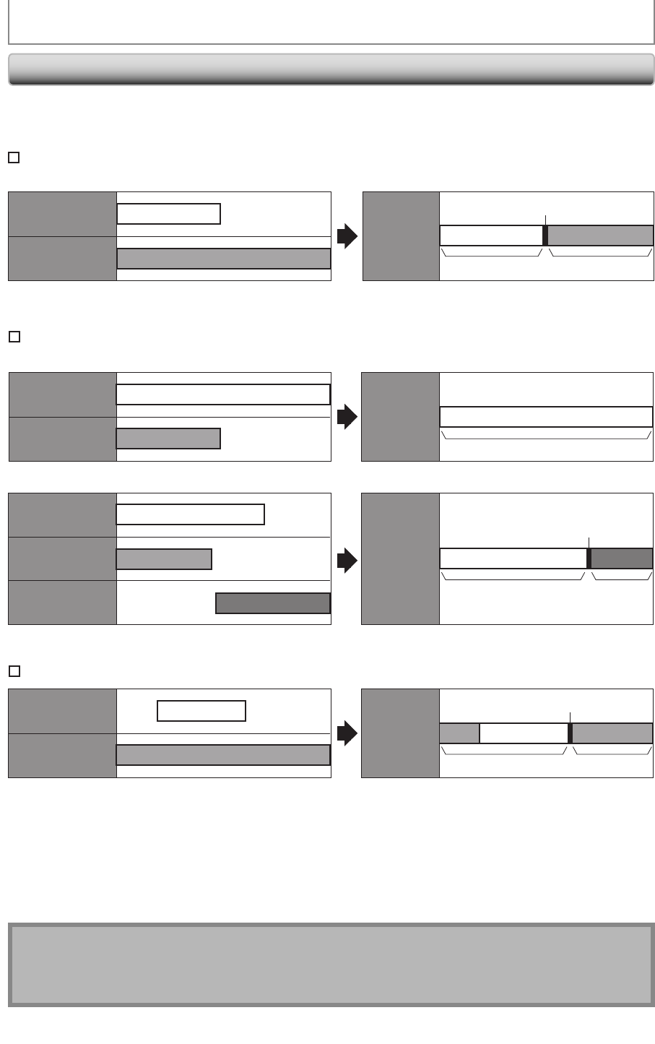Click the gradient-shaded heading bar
click(331, 69)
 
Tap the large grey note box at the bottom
click(331, 965)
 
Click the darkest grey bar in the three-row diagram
click(273, 603)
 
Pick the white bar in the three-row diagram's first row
click(190, 514)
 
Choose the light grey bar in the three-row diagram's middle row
click(164, 559)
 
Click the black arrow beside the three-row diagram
click(347, 559)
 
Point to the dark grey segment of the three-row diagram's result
click(622, 558)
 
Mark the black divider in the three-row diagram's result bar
click(589, 558)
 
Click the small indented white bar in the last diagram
click(201, 711)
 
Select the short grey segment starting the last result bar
click(459, 733)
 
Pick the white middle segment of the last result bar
click(524, 733)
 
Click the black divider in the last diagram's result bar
click(570, 733)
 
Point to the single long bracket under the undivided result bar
click(545, 433)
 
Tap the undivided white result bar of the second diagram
click(546, 417)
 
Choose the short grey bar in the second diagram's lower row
click(168, 439)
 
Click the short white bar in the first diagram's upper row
click(168, 214)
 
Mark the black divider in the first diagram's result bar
click(545, 236)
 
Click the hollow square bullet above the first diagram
click(14, 158)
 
